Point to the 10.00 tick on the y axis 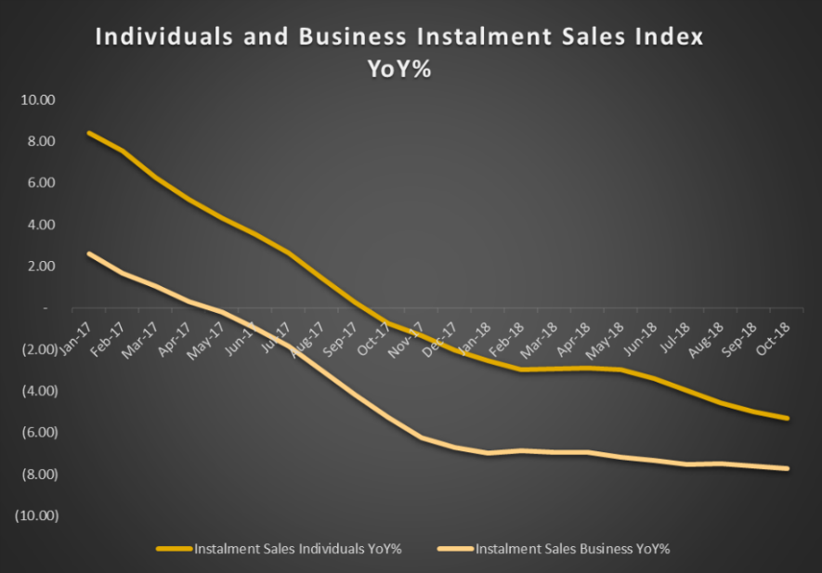38,99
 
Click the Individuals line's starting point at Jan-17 87,133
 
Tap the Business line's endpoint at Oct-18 789,468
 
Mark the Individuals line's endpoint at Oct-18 789,418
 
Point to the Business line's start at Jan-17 87,254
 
